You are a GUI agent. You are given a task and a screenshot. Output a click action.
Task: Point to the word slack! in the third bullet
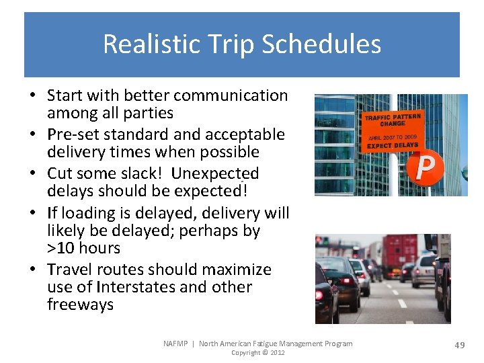pos(143,173)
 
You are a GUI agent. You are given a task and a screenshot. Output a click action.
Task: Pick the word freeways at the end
pos(80,305)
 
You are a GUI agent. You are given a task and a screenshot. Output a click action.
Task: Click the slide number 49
pos(460,345)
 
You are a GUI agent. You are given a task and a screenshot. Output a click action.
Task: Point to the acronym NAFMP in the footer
pos(176,344)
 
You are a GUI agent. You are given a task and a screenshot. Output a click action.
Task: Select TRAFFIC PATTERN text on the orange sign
pos(393,118)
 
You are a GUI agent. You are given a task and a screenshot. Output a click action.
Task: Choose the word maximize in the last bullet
pos(239,270)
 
